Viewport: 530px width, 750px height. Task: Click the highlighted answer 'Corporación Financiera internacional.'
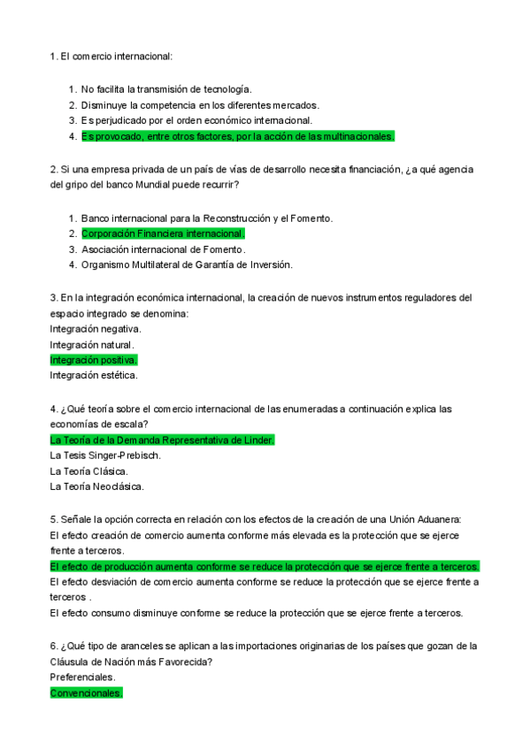163,233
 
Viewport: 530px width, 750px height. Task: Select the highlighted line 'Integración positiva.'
94,360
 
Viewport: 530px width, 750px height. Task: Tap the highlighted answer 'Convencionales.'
87,693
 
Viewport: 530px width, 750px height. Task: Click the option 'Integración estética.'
94,376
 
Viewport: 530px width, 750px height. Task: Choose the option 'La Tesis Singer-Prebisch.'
105,455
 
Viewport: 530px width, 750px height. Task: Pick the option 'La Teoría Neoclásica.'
97,486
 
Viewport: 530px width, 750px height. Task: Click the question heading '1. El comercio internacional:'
111,57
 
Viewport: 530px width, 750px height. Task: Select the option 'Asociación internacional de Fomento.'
163,249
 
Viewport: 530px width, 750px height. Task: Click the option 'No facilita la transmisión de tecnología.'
166,89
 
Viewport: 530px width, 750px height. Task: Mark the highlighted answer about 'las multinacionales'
237,136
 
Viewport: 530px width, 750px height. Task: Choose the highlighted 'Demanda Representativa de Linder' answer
163,440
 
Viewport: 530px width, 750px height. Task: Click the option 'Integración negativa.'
96,328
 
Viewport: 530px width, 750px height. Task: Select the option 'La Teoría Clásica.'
88,471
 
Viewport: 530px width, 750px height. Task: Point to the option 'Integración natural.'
92,344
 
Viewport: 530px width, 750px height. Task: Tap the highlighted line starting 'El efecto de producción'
265,566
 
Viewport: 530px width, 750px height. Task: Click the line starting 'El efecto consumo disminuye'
256,613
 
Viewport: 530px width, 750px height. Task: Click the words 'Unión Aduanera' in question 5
426,518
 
